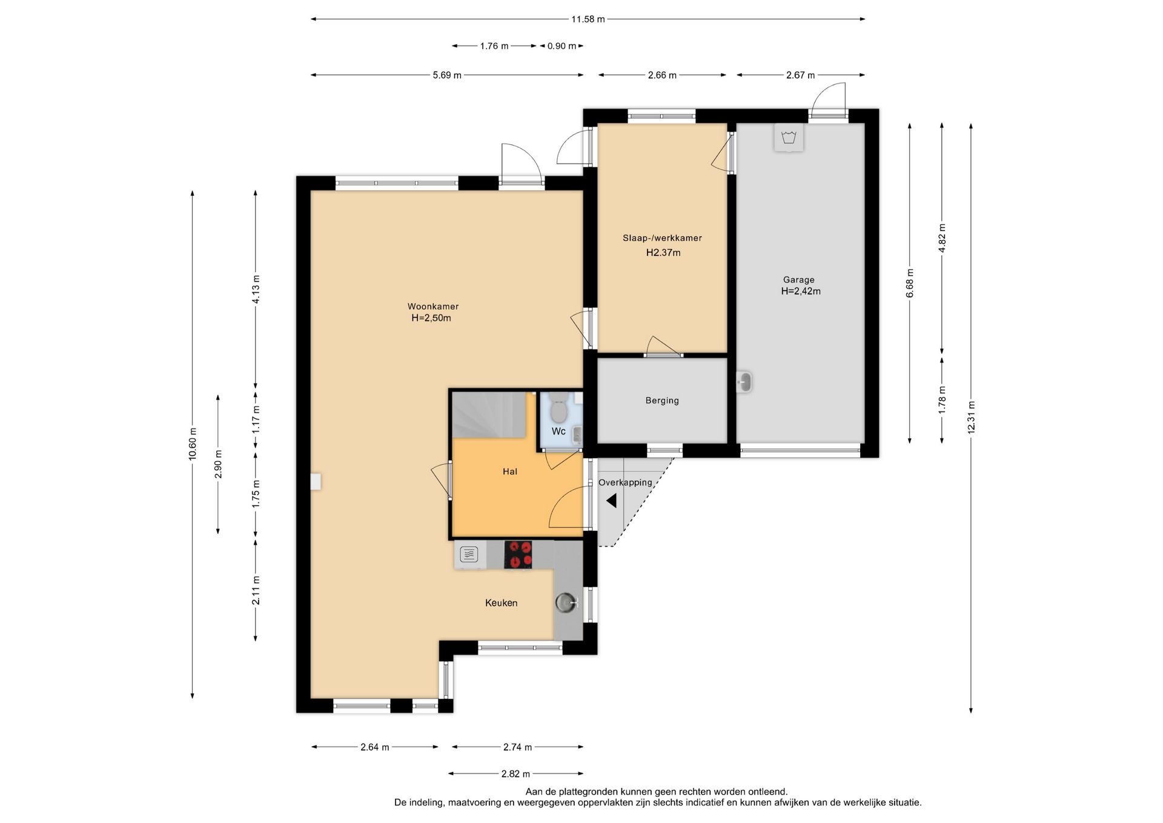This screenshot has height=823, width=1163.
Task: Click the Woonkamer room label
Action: point(432,307)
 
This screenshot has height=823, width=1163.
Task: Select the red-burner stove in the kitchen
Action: point(518,555)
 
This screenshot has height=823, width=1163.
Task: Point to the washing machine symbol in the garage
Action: point(789,138)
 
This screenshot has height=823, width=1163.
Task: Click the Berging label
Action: point(662,401)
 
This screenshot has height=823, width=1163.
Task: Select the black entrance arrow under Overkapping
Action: point(611,501)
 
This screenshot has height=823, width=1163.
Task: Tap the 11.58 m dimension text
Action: point(588,19)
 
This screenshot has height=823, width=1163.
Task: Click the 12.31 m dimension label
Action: point(971,418)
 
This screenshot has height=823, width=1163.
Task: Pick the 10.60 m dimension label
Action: point(193,444)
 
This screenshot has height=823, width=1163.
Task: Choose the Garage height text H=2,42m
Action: point(801,291)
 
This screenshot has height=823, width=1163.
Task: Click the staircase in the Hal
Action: point(489,415)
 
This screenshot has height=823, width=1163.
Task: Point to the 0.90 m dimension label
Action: point(562,46)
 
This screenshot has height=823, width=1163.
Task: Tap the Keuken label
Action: point(501,603)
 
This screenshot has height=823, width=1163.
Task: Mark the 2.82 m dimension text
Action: point(515,774)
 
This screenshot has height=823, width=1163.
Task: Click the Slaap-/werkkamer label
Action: point(662,238)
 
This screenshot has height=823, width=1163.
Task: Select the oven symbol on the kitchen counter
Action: point(469,554)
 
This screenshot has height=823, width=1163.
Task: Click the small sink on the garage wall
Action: point(744,382)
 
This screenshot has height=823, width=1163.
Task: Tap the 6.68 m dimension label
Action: point(910,284)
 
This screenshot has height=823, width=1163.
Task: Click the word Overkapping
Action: point(625,482)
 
